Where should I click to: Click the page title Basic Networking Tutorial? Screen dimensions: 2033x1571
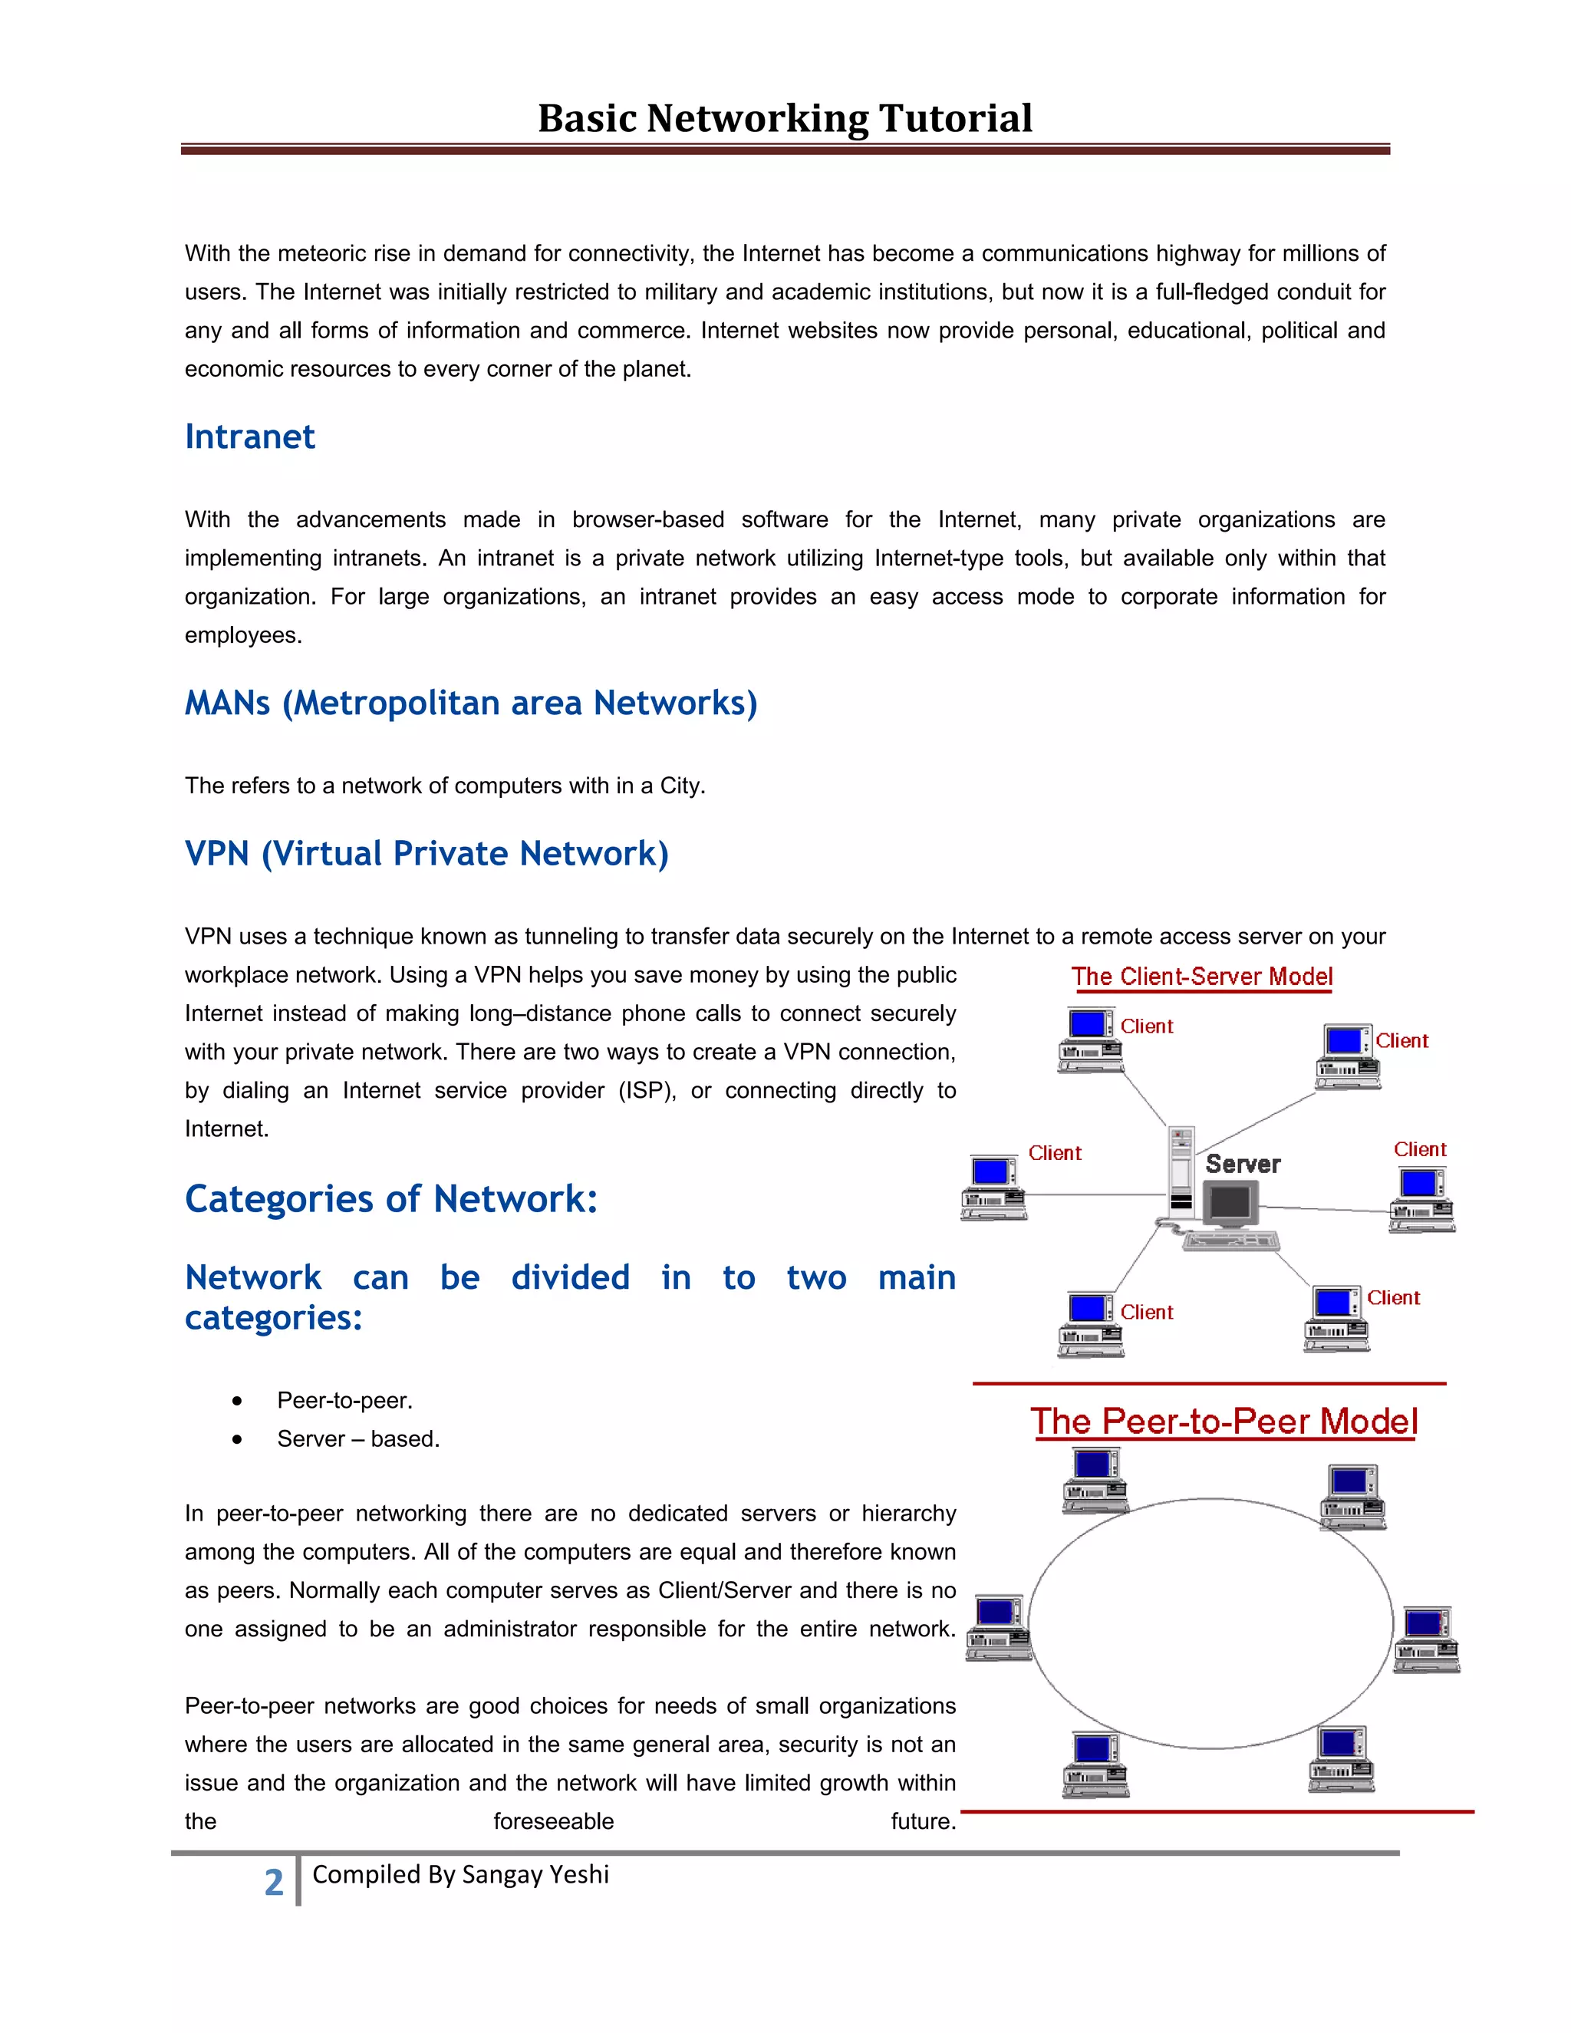785,118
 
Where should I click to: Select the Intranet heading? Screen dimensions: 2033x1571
249,437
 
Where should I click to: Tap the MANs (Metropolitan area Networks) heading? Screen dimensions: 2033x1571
471,703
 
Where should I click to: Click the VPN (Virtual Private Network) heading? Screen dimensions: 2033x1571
427,854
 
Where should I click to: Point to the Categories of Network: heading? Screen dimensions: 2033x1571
391,1199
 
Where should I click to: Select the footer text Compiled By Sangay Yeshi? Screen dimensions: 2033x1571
461,1875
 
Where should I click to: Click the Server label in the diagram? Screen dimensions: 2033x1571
1243,1165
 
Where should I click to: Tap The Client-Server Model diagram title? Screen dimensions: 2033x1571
1201,977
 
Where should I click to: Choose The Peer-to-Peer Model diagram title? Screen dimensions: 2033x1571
1224,1422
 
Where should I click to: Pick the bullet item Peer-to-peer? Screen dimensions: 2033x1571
344,1400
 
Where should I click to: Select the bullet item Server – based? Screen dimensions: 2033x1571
358,1439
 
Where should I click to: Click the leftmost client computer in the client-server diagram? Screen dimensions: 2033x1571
994,1188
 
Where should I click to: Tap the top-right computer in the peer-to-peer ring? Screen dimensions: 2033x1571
1353,1496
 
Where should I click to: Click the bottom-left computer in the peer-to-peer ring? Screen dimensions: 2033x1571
1095,1764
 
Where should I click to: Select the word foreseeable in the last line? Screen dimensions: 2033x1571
554,1822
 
